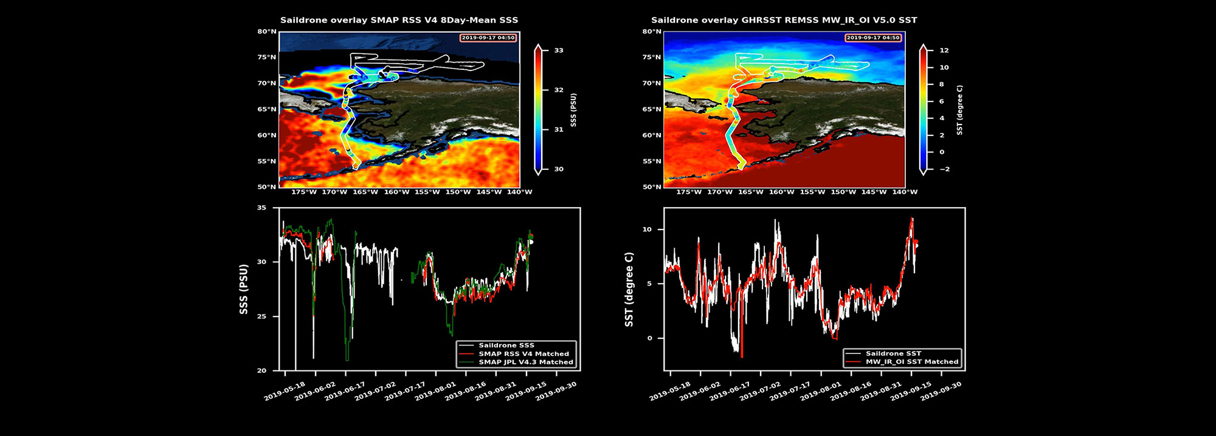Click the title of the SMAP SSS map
pos(399,20)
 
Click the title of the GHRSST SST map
pos(784,20)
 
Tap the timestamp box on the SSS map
pos(488,38)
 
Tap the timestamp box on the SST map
pos(872,38)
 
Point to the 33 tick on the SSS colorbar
pos(558,50)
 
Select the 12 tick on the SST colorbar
pos(944,50)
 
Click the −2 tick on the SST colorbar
pos(944,169)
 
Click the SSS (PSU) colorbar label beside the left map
pos(573,110)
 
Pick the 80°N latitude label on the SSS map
pos(266,32)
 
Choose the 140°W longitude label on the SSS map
pos(520,192)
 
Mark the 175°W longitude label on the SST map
pos(689,192)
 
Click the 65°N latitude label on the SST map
pos(651,109)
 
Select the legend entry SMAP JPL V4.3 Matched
pos(525,362)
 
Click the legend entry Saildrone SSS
pos(506,346)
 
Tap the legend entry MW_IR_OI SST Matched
pos(911,362)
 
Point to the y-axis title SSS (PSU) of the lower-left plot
pos(244,289)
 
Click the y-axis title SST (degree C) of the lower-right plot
pos(629,290)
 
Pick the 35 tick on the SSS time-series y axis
pos(261,208)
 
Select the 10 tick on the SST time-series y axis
pos(647,230)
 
